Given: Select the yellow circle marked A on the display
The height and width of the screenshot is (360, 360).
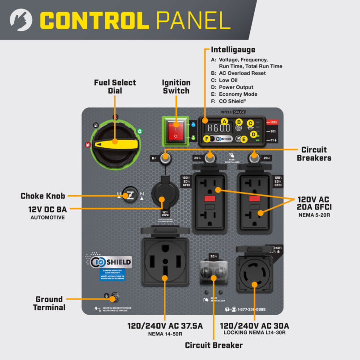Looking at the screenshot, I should [x=224, y=121].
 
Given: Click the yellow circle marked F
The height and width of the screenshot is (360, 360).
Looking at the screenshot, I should [x=207, y=139].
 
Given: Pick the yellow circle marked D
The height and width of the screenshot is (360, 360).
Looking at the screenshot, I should [x=253, y=134].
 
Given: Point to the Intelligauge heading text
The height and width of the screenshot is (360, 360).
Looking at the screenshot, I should [x=233, y=50].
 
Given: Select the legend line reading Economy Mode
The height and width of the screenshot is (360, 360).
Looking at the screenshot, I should [x=238, y=94].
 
